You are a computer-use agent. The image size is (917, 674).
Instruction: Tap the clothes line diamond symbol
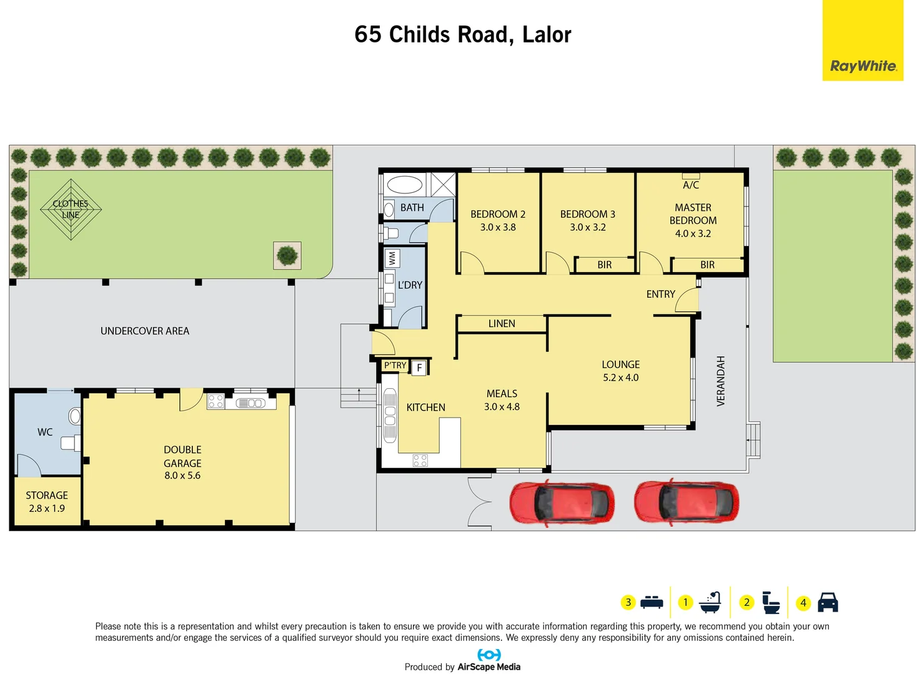(x=71, y=210)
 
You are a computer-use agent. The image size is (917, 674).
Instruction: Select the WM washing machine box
(x=392, y=258)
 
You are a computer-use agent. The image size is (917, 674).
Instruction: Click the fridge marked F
(x=419, y=368)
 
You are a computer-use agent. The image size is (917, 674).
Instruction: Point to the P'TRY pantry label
(x=395, y=365)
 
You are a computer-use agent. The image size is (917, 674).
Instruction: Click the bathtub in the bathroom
(x=405, y=185)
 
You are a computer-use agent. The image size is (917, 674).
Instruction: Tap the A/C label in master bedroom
(x=691, y=185)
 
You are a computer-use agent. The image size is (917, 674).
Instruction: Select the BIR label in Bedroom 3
(x=604, y=265)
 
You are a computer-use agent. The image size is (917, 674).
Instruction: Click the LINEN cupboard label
(x=502, y=323)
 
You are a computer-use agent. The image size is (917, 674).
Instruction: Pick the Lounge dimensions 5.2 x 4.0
(x=620, y=378)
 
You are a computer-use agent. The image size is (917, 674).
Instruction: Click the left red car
(x=561, y=502)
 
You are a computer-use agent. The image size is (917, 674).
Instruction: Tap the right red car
(x=686, y=502)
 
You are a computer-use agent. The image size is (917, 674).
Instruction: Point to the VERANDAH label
(x=721, y=381)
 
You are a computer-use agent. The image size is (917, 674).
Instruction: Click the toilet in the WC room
(x=74, y=416)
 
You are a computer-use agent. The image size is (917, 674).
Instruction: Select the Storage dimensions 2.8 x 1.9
(x=47, y=508)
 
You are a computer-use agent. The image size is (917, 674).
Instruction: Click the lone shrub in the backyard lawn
(x=287, y=255)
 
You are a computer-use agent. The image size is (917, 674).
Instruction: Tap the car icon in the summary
(x=828, y=602)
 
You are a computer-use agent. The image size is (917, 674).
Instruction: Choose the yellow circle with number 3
(x=628, y=602)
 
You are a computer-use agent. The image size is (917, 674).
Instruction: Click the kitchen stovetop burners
(x=420, y=461)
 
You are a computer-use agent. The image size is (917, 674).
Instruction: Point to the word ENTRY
(x=660, y=294)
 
